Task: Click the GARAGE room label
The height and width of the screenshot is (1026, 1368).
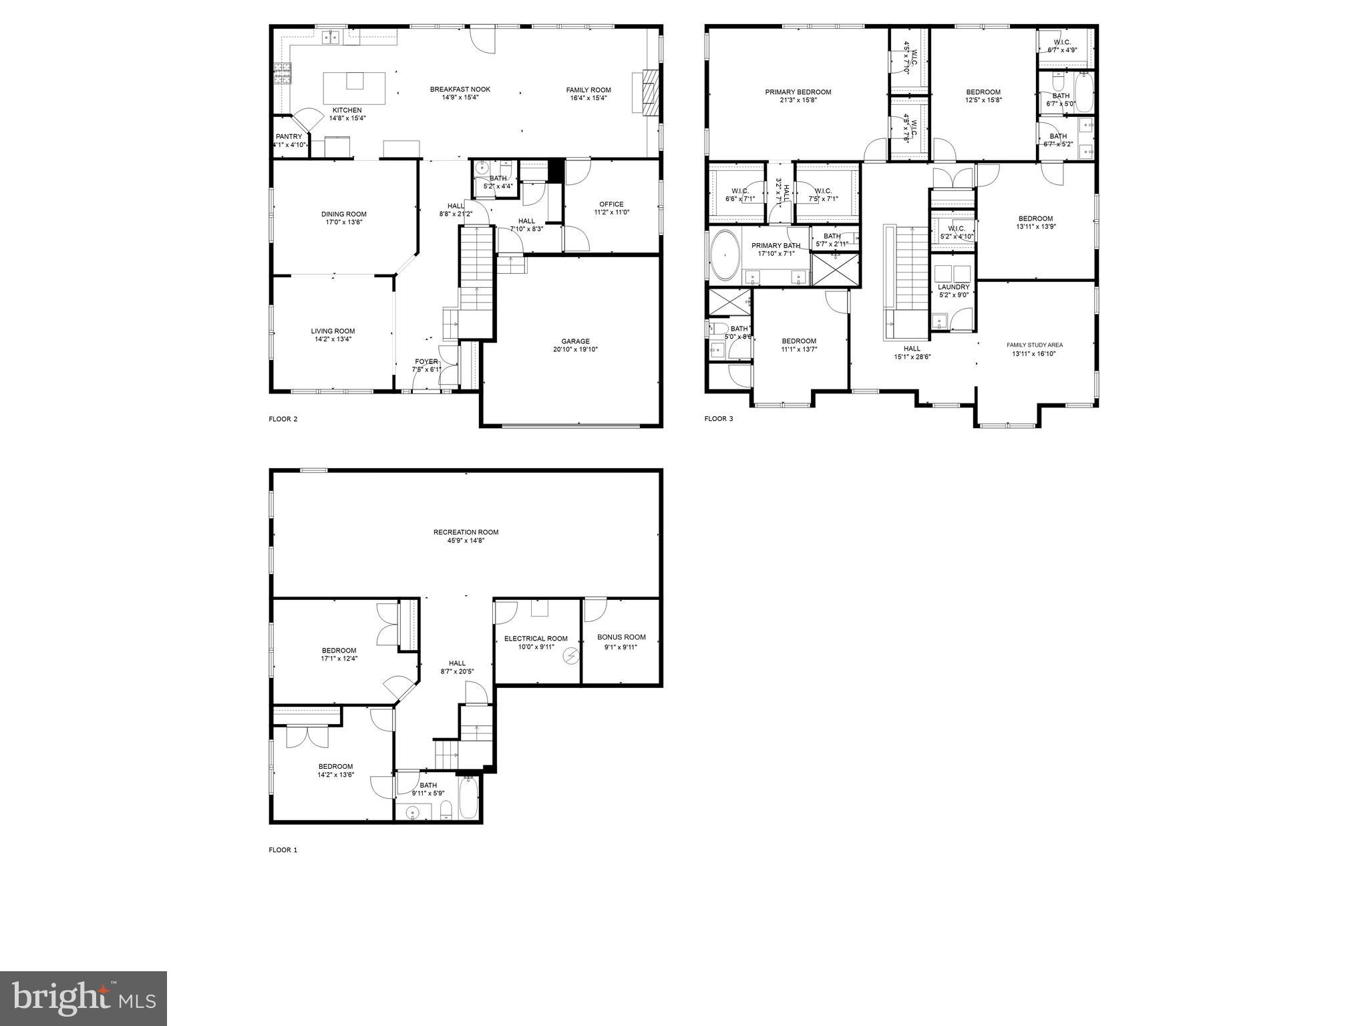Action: pos(575,341)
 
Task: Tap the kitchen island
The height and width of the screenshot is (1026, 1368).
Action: pos(354,88)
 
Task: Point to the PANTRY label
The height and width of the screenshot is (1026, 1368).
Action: pos(289,137)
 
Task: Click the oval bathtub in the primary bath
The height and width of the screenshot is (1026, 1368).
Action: pos(724,256)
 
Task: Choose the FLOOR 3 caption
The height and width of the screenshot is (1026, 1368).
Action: pos(718,419)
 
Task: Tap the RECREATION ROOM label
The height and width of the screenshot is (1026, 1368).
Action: pos(466,532)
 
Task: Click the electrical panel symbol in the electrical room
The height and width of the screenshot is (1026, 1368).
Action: pos(571,656)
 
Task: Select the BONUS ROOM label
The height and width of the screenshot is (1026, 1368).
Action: pos(621,637)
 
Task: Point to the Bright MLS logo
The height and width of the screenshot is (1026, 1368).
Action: pos(83,999)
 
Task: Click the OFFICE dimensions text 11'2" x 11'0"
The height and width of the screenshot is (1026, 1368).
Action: pos(611,212)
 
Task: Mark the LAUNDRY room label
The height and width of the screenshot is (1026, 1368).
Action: pos(953,287)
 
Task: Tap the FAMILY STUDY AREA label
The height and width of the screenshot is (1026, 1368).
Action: pos(1035,345)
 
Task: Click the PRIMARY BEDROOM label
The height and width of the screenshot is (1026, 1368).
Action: pos(798,92)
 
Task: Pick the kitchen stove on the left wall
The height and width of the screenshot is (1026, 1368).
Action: pos(282,72)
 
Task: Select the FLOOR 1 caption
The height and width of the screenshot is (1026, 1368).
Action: pos(283,850)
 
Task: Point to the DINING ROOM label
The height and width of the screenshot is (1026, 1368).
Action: pos(344,214)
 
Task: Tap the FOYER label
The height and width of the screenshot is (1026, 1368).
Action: pos(426,361)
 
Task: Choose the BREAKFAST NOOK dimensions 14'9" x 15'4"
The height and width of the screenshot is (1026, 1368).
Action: pos(460,98)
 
